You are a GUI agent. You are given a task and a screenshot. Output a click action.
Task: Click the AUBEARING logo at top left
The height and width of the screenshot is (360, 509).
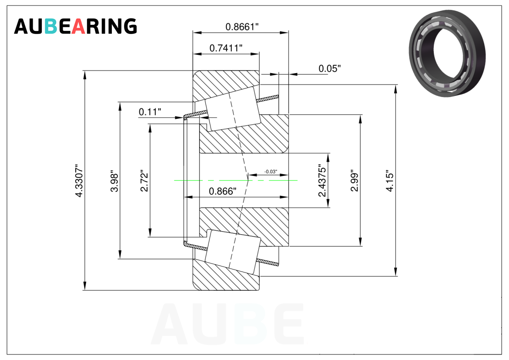(75, 27)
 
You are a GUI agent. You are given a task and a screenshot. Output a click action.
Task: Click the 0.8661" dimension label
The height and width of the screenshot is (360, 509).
(242, 27)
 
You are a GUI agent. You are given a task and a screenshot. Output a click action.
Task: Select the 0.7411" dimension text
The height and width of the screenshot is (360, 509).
(226, 48)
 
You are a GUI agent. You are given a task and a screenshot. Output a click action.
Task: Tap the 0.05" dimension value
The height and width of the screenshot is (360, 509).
(329, 68)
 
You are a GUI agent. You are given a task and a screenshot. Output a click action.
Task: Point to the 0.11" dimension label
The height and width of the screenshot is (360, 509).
(150, 112)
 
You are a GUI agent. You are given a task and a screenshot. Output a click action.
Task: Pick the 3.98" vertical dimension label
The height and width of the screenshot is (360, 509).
(114, 181)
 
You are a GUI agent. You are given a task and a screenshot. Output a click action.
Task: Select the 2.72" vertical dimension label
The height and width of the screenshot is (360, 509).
(144, 181)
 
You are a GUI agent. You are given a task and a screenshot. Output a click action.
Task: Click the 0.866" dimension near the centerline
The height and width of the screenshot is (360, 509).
(222, 191)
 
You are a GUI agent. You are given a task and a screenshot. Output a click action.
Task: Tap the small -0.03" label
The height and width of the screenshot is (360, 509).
(271, 172)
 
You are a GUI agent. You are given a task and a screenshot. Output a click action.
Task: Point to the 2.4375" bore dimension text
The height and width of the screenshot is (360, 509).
(322, 181)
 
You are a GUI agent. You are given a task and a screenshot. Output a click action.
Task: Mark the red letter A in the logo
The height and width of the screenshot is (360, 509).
(79, 27)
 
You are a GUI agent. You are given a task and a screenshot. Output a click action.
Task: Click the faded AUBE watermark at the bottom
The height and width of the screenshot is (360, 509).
(228, 325)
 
